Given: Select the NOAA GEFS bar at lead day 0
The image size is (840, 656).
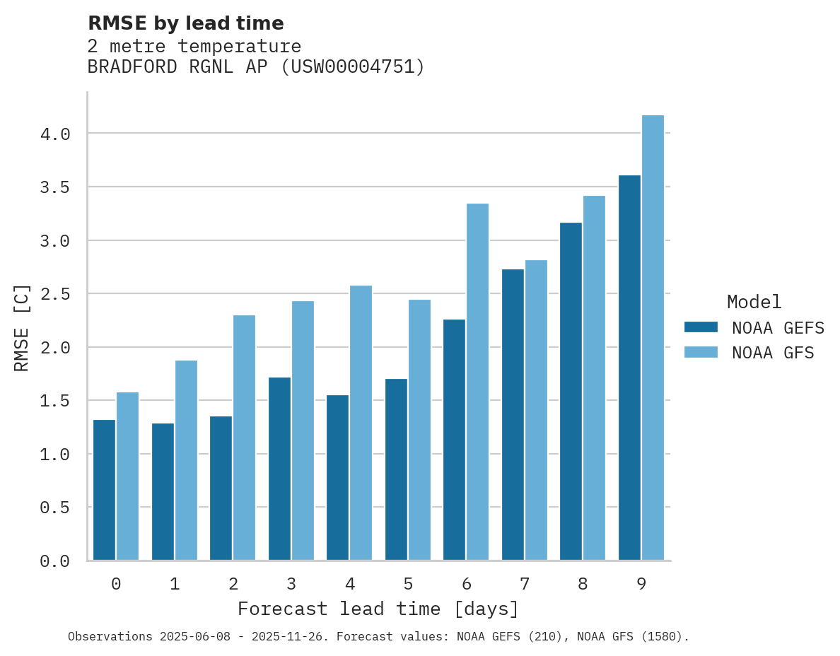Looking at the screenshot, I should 104,490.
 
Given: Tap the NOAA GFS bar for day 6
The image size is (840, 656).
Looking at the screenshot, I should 477,382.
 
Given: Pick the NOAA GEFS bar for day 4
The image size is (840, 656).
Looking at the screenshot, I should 337,477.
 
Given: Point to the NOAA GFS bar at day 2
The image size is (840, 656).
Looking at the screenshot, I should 244,438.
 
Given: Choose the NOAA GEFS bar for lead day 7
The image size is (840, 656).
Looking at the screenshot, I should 513,414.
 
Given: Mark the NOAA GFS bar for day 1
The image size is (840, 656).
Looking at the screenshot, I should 186,460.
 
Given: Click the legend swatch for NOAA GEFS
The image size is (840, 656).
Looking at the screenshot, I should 701,327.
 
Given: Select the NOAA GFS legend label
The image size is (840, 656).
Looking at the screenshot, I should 773,353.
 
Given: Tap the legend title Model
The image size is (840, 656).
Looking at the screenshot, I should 754,302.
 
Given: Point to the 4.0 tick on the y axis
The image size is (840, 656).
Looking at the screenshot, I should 54,134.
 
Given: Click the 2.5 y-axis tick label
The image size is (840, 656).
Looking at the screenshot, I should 54,294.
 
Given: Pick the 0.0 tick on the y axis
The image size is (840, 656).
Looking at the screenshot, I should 54,561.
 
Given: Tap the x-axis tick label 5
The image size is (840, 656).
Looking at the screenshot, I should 408,584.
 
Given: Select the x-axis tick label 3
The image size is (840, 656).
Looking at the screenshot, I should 291,584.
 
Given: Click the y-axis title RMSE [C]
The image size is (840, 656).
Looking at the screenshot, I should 22,327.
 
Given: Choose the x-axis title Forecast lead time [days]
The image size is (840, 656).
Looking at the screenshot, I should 378,609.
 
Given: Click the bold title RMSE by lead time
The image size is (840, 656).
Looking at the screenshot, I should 185,23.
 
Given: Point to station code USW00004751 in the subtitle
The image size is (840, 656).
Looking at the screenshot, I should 353,67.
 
